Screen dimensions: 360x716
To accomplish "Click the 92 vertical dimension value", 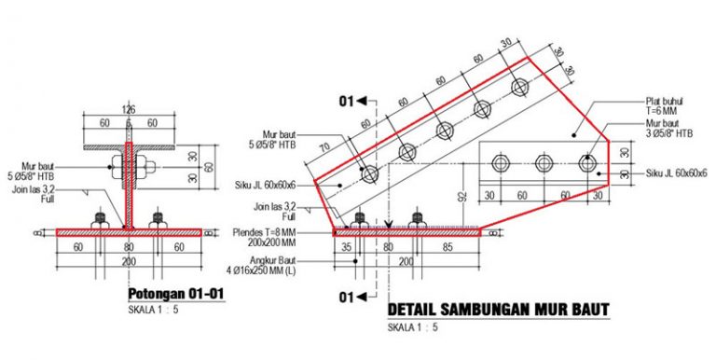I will (461, 197).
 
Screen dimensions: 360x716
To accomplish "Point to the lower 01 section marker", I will (348, 298).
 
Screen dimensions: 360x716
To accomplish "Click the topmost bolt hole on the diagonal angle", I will (518, 87).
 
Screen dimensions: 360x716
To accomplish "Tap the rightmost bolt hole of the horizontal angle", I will (585, 163).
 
